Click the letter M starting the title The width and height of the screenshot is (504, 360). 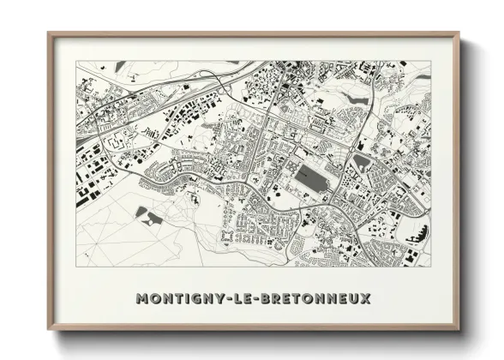(x=141, y=298)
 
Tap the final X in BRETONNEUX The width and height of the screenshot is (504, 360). (x=366, y=298)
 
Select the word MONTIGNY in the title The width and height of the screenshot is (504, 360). (x=178, y=298)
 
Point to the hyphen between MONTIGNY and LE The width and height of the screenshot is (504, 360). (x=221, y=298)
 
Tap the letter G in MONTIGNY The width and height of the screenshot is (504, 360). (x=191, y=298)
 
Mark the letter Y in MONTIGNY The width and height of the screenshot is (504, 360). (x=214, y=298)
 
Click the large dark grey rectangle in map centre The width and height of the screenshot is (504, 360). (x=312, y=180)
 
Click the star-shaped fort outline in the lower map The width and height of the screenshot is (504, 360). (x=227, y=233)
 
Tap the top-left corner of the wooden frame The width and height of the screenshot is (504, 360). (x=49, y=34)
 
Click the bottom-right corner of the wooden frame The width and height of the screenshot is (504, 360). (x=459, y=329)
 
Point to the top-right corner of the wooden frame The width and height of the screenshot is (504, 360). (x=459, y=34)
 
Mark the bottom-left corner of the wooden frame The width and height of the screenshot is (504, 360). (x=49, y=329)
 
